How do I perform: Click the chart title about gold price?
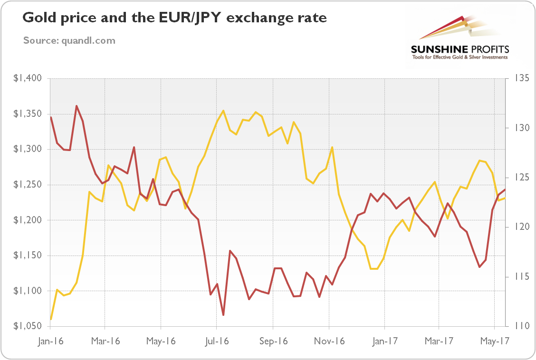pyautogui.click(x=175, y=19)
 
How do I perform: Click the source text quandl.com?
pyautogui.click(x=69, y=40)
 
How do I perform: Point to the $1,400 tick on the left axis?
pyautogui.click(x=28, y=78)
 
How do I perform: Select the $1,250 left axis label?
pyautogui.click(x=28, y=185)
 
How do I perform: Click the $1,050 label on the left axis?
pyautogui.click(x=28, y=326)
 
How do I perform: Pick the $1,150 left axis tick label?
pyautogui.click(x=28, y=256)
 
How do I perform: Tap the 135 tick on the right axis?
pyautogui.click(x=520, y=78)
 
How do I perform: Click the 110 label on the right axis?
pyautogui.click(x=519, y=326)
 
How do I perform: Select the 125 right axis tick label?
pyautogui.click(x=520, y=178)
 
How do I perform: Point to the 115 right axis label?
pyautogui.click(x=519, y=277)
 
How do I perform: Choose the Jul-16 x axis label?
pyautogui.click(x=217, y=341)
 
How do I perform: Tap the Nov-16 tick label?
pyautogui.click(x=329, y=341)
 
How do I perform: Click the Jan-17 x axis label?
pyautogui.click(x=384, y=341)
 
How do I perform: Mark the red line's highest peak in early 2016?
pyautogui.click(x=77, y=106)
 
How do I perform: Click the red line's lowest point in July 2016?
pyautogui.click(x=223, y=315)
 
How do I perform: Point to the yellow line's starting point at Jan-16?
pyautogui.click(x=51, y=319)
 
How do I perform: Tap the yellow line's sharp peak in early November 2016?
pyautogui.click(x=332, y=147)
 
